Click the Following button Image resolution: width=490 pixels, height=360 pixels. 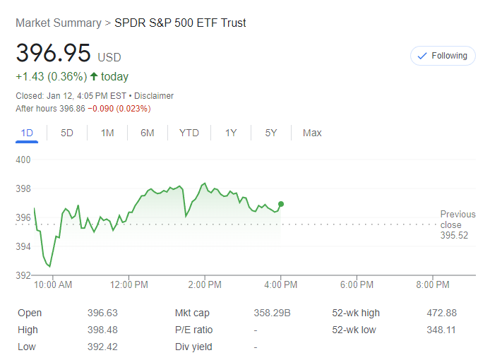coord(442,56)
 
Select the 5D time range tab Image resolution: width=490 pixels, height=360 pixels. coord(67,133)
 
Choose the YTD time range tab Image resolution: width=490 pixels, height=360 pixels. coord(189,133)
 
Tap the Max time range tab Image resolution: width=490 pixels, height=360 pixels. coord(312,133)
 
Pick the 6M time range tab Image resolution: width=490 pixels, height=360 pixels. coord(148,133)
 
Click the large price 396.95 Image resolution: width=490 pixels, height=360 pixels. coord(54,54)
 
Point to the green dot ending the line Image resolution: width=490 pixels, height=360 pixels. coord(281,204)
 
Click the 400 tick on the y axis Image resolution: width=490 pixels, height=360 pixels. coord(23,160)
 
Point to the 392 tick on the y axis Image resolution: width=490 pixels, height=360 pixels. coord(23,275)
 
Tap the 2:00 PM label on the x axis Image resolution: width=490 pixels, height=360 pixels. coord(205,285)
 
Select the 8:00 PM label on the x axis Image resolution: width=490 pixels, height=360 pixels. coord(433,285)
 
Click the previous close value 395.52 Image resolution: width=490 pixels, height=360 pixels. coord(454,236)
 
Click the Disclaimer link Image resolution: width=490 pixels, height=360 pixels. coord(154,96)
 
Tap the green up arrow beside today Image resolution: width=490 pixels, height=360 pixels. coord(93,76)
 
